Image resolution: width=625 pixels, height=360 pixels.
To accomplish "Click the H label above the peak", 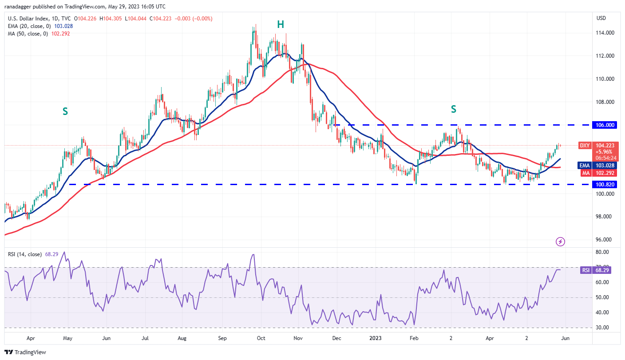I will click(281, 24).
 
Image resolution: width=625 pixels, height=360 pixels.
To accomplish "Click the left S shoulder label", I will click(65, 111).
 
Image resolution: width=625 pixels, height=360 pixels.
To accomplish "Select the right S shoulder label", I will click(454, 109).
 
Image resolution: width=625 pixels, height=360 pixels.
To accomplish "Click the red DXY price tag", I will click(585, 146).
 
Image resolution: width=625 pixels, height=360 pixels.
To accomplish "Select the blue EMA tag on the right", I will click(585, 166).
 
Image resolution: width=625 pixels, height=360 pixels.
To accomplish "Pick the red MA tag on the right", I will click(585, 173).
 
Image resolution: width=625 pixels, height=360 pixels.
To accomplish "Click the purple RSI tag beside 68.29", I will click(585, 270).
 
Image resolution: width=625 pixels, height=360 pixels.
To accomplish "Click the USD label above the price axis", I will click(601, 18).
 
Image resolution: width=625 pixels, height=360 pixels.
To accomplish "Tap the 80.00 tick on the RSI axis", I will click(602, 252).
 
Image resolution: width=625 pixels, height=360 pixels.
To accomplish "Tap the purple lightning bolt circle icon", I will click(561, 241).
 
